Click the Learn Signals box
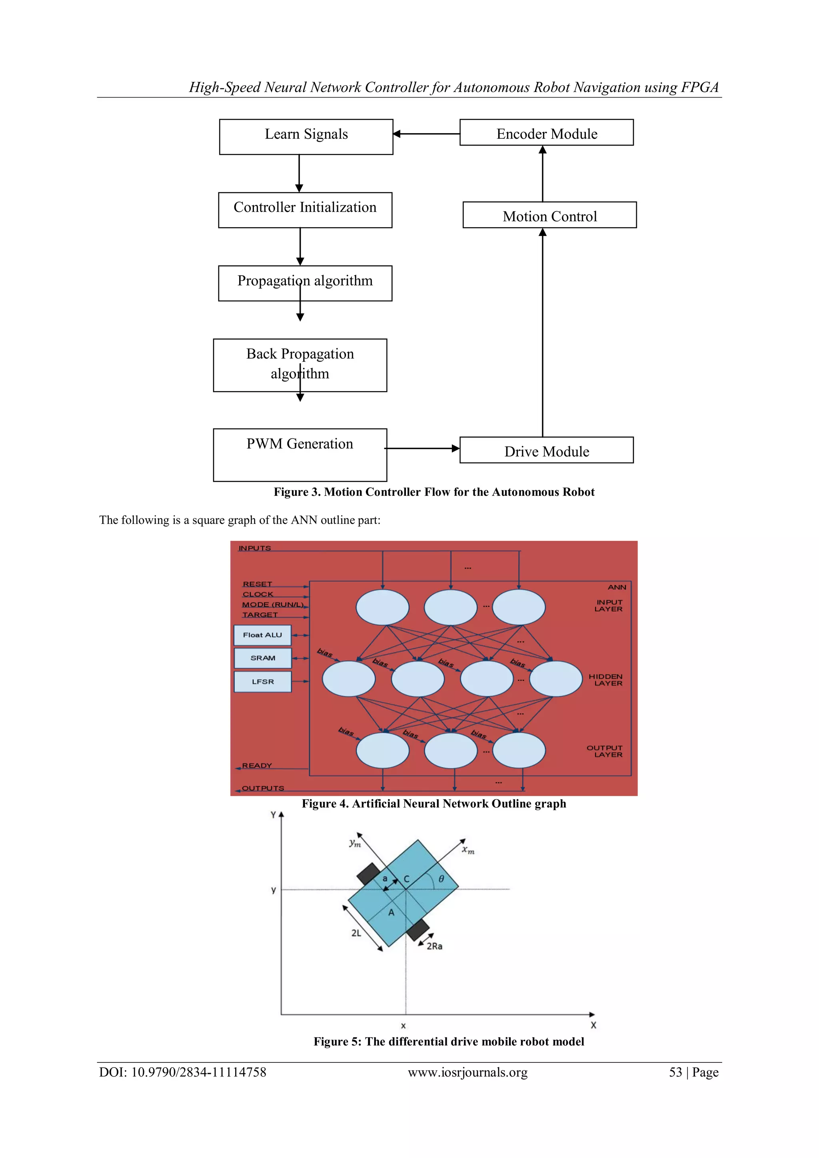click(x=306, y=137)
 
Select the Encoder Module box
click(x=546, y=133)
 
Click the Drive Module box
click(x=546, y=450)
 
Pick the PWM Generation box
click(x=300, y=455)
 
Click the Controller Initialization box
click(x=305, y=210)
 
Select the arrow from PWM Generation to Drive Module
click(x=422, y=448)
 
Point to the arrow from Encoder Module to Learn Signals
click(x=426, y=134)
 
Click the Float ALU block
click(x=262, y=635)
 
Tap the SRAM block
click(x=263, y=658)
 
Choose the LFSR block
click(x=263, y=681)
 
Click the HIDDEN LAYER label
click(x=606, y=680)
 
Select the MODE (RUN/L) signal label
click(x=273, y=604)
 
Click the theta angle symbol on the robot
click(x=441, y=878)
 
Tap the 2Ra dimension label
click(x=434, y=946)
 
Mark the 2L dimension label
click(x=356, y=932)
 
